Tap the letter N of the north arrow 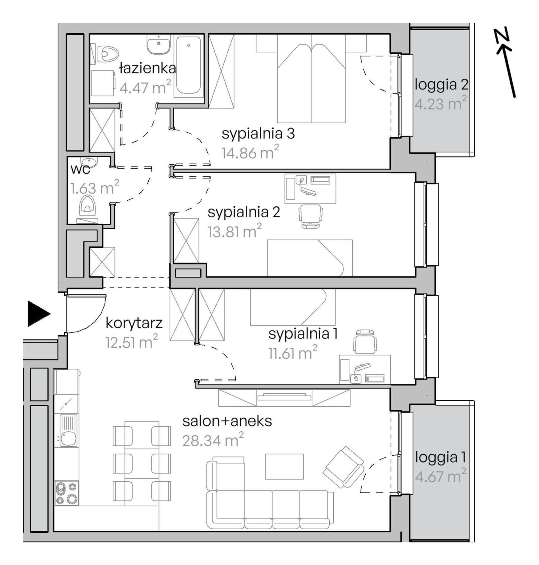[502, 37]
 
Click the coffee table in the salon [284, 466]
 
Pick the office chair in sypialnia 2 [311, 216]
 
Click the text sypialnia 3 [258, 134]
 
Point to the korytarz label [134, 323]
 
